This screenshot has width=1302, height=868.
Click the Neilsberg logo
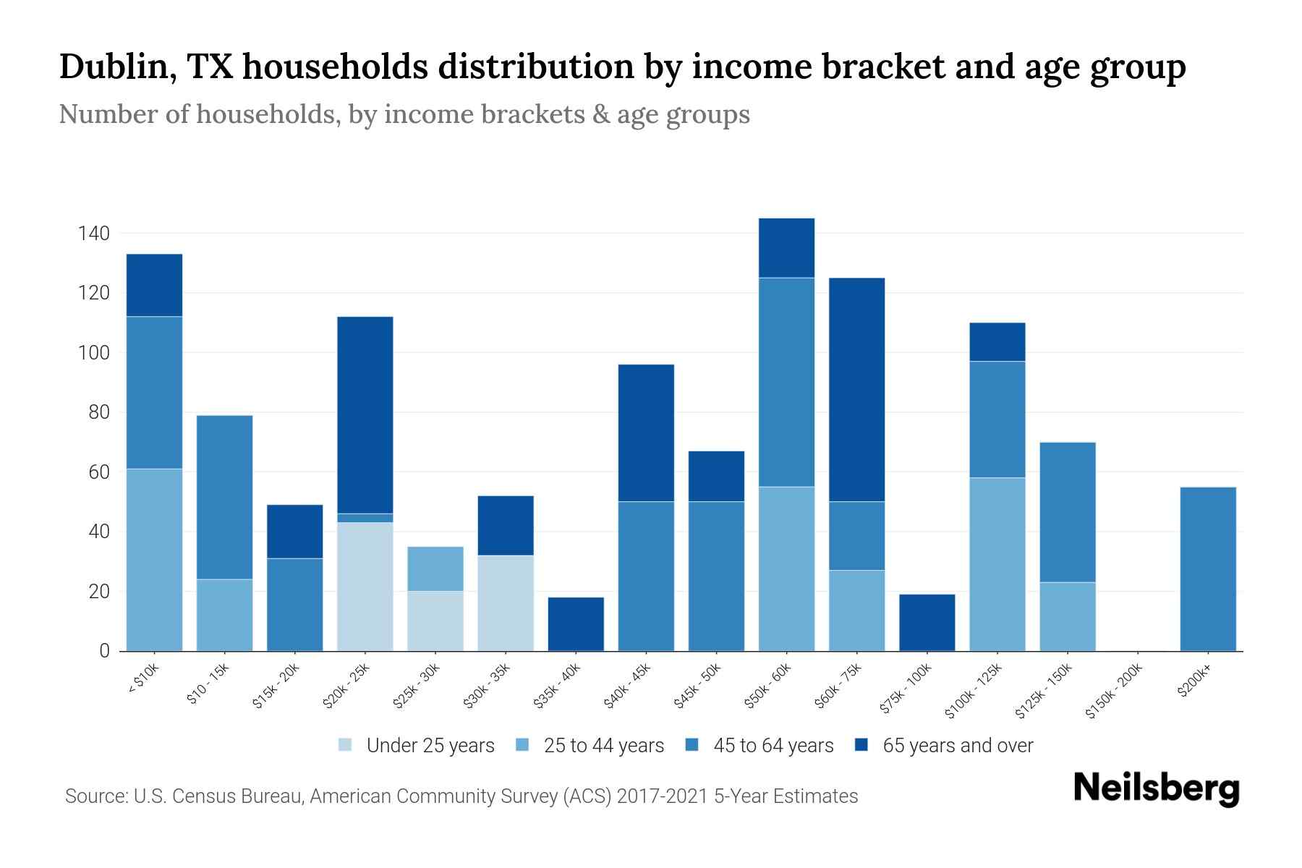[1156, 788]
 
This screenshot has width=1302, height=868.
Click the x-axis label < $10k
[142, 680]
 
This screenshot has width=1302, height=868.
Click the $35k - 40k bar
[576, 624]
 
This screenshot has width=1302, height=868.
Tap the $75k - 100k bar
[927, 623]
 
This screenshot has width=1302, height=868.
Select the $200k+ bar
[1208, 569]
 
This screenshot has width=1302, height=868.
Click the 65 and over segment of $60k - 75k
[856, 390]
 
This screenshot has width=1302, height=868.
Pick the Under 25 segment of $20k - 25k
[365, 587]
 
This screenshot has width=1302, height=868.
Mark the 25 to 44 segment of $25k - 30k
[435, 569]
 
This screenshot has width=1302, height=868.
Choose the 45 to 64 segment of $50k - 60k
[786, 383]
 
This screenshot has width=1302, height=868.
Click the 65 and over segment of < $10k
[154, 286]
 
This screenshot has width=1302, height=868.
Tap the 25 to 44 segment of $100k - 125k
[997, 564]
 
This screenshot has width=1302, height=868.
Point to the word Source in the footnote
[94, 796]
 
